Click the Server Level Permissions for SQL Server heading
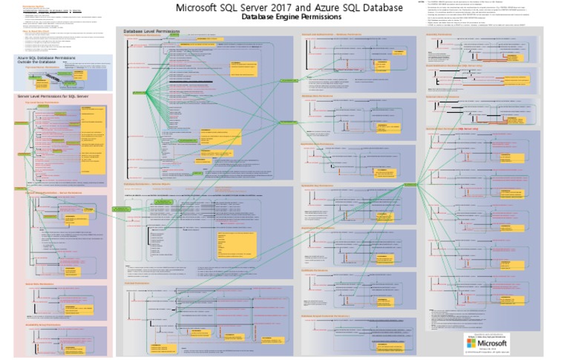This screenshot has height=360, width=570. (53, 96)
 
